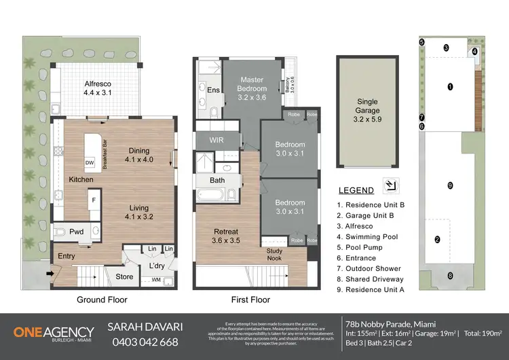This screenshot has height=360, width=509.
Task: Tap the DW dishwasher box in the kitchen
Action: point(90,163)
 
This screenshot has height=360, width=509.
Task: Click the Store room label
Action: point(124,276)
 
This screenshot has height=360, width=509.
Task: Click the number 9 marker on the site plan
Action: point(450,185)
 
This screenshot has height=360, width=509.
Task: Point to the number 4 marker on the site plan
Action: point(474,51)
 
